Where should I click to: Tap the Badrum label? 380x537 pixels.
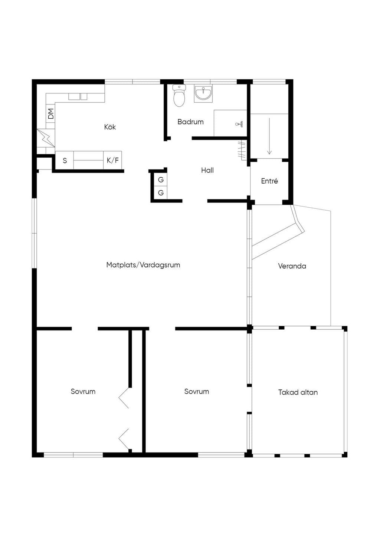pos(190,122)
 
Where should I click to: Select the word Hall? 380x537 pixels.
pos(207,170)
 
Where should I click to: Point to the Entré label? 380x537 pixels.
pos(269,181)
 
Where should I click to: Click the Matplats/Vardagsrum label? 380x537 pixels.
pos(143,265)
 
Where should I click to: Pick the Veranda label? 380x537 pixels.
pos(292,266)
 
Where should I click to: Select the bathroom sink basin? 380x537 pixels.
pos(203,93)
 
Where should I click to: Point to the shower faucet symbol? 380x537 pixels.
pos(239,124)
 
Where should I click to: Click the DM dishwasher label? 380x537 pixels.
pos(51,113)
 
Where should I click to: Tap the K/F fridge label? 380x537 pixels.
pos(112,160)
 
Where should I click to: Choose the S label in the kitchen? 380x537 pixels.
pos(65,160)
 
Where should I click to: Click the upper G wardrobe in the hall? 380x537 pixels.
pos(161,179)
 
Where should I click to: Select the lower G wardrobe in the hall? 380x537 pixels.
pos(161,192)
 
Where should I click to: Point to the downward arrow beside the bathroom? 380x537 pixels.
pos(269,136)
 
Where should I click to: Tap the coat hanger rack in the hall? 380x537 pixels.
pos(242,150)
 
